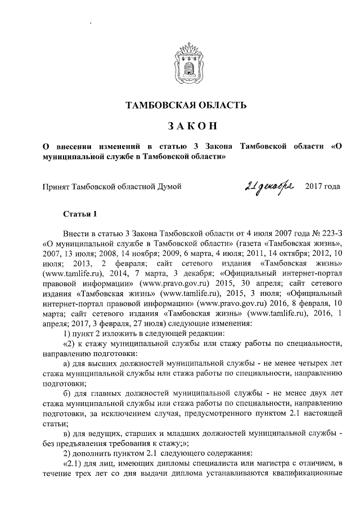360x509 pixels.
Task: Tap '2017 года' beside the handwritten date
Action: (x=322, y=186)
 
